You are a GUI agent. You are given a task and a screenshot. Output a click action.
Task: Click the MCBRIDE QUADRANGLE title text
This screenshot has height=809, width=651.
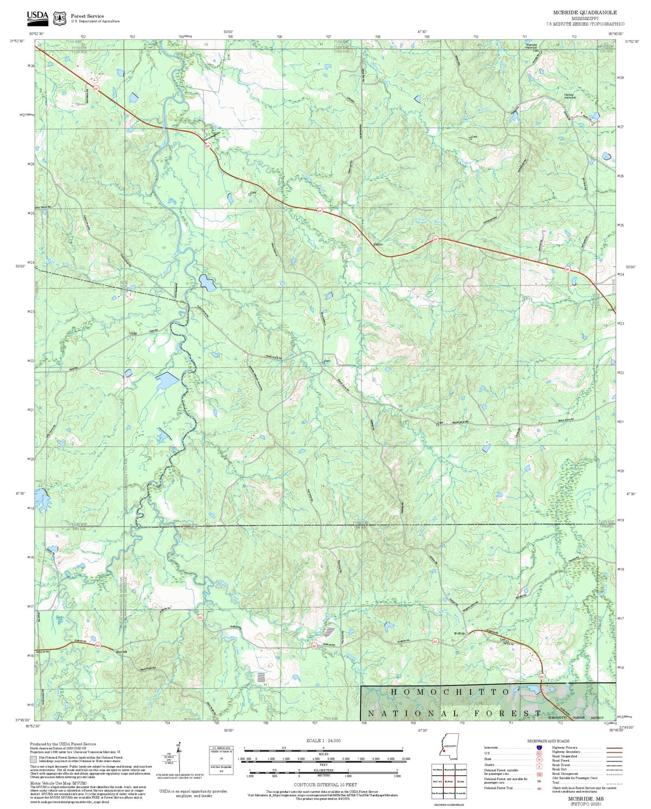tap(585, 13)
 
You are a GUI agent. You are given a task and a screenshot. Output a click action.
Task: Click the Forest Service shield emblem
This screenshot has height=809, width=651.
tap(59, 18)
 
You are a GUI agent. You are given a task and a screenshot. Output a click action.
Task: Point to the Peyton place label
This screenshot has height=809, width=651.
tap(378, 244)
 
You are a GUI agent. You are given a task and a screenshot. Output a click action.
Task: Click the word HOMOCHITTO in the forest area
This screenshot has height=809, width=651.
tap(450, 692)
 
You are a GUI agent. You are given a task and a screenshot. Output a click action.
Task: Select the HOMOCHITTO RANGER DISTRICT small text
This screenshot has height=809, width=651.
tap(576, 717)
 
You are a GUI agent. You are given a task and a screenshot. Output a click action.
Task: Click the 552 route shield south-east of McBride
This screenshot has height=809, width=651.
tap(542, 676)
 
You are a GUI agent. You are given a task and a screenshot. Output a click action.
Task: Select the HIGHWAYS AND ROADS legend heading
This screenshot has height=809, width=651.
tap(548, 741)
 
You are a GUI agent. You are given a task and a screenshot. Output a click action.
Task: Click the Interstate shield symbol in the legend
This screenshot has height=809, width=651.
tap(539, 748)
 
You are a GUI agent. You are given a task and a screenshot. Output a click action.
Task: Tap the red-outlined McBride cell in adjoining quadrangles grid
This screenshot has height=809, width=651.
tap(448, 781)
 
